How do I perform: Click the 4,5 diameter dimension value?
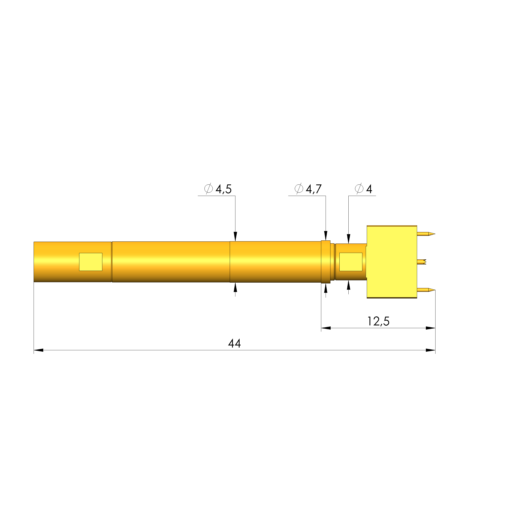tap(224, 189)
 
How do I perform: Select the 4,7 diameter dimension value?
tap(314, 189)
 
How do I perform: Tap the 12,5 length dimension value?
tap(378, 321)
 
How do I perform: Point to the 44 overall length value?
tap(234, 344)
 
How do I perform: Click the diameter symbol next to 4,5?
tap(208, 188)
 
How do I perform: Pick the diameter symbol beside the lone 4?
tap(359, 188)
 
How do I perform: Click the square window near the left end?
tap(91, 262)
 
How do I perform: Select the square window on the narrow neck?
tap(351, 262)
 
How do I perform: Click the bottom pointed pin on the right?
tap(426, 290)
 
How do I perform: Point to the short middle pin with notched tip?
tap(422, 262)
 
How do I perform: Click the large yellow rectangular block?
tap(392, 262)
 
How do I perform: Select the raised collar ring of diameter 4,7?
tap(326, 262)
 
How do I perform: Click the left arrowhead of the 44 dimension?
tap(38, 350)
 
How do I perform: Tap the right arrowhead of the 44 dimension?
tap(430, 350)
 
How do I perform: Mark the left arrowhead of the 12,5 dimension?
tap(326, 328)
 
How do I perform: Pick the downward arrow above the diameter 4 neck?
tap(349, 239)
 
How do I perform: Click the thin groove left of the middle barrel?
tap(112, 262)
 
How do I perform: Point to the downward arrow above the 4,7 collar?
tap(326, 236)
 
